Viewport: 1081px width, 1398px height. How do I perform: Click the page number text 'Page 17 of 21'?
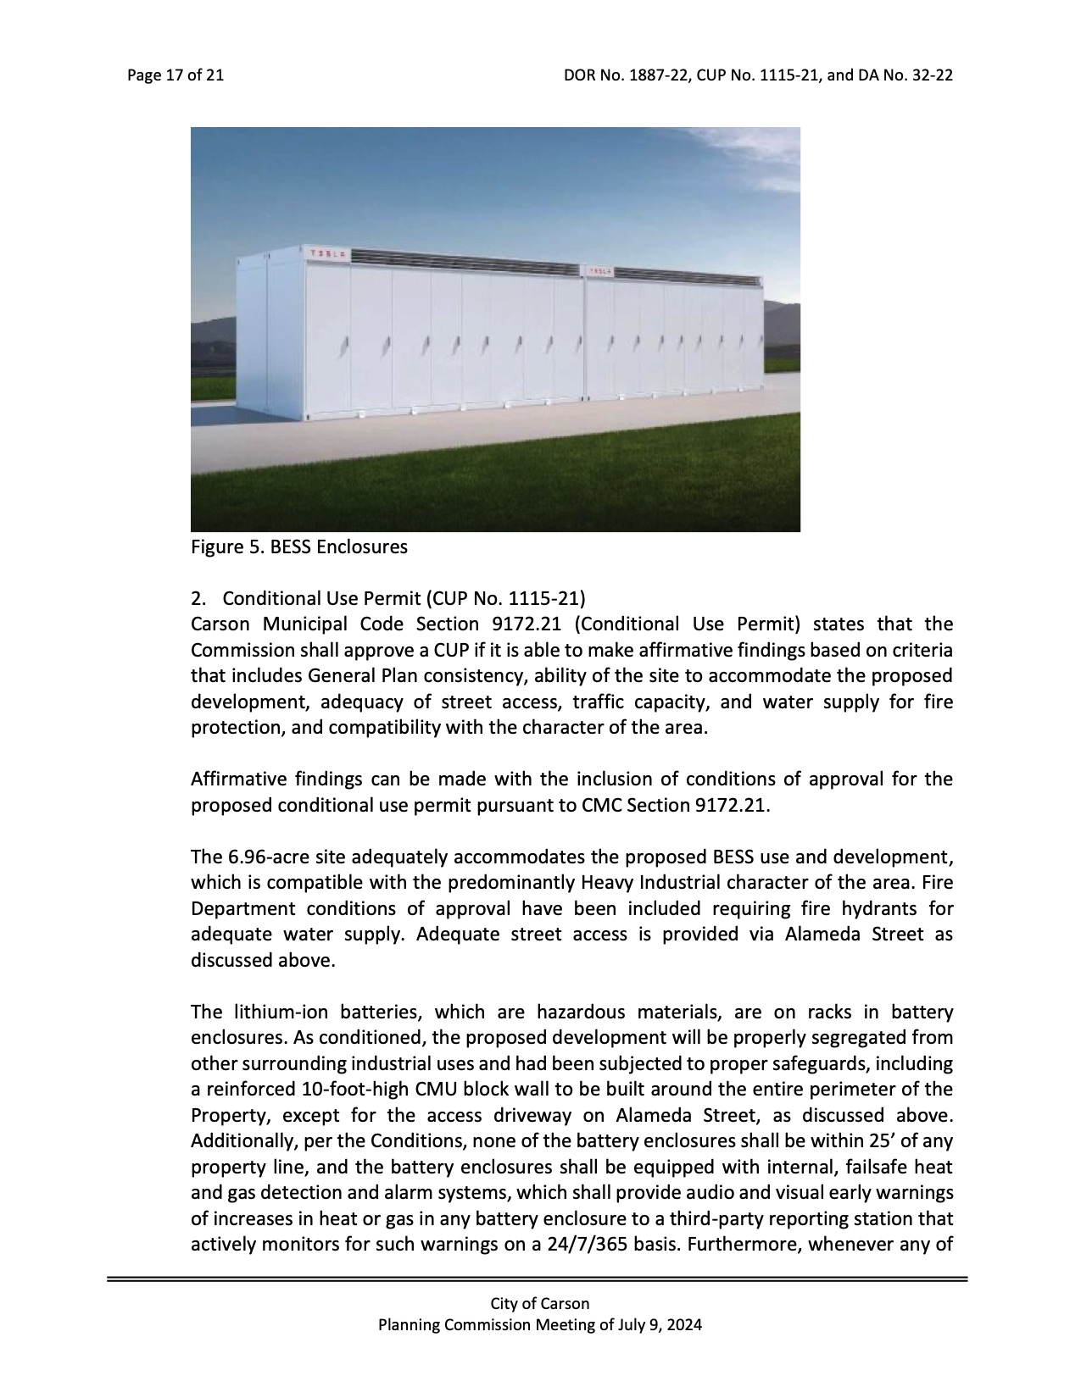176,75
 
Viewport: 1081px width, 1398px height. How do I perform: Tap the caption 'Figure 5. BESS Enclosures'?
298,547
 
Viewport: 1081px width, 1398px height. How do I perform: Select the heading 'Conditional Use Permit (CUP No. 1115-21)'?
404,599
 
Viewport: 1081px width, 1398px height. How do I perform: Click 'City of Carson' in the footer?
539,1304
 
